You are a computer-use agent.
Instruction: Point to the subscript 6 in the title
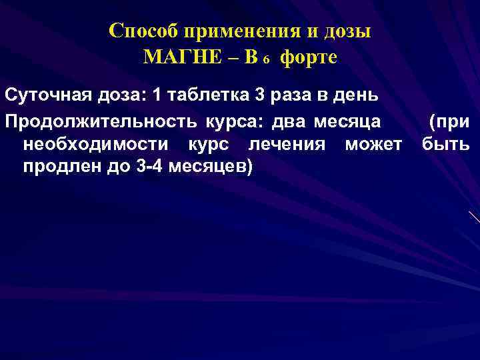point(265,61)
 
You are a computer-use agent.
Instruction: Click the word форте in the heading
point(309,58)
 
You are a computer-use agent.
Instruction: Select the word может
point(375,145)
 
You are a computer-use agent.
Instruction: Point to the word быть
point(445,145)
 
